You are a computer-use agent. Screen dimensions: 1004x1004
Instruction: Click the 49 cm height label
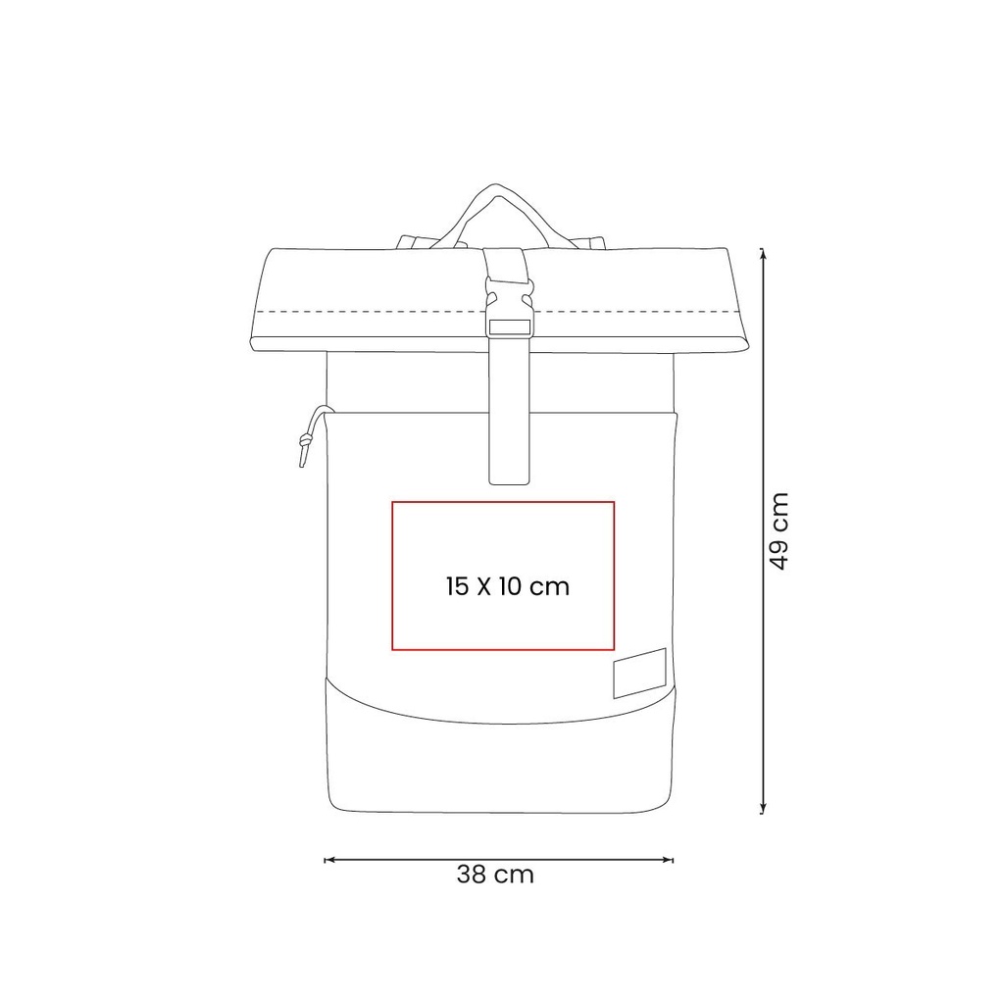tap(779, 530)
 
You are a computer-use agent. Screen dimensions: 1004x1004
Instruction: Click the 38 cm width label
tap(495, 875)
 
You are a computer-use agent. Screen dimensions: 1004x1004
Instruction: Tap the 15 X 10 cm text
tap(508, 586)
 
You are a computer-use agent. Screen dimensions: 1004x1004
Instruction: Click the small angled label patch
tap(639, 673)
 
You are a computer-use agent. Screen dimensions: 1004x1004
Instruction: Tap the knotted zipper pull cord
tap(310, 435)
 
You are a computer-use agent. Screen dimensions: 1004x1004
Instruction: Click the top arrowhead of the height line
tap(763, 252)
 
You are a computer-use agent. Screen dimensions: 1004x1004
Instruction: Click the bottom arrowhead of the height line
tap(763, 810)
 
